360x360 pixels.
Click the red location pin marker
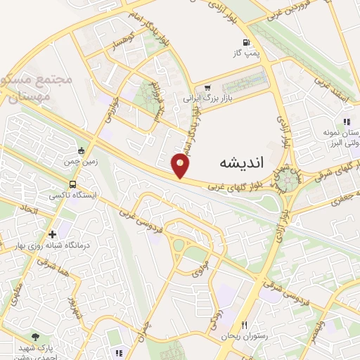point(181,165)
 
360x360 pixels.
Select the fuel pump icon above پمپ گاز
point(245,41)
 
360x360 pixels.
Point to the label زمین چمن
point(77,160)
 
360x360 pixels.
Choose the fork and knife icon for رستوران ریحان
point(245,325)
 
